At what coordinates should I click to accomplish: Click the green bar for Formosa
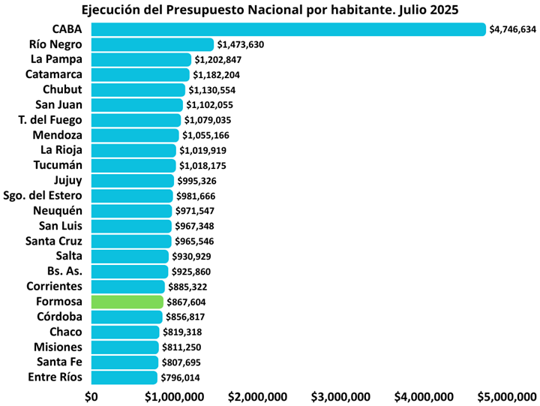click(127, 302)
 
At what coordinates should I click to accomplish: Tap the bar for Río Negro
click(152, 44)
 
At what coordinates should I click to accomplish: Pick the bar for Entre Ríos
click(124, 377)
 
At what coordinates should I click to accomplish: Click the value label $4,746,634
click(512, 29)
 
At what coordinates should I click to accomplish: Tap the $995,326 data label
click(201, 181)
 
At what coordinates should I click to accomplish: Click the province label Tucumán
click(58, 165)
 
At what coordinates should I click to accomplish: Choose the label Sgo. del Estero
click(43, 196)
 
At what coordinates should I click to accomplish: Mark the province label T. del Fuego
click(50, 120)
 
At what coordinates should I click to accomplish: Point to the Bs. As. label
click(64, 271)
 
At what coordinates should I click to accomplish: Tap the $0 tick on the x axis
click(91, 396)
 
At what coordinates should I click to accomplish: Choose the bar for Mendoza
click(135, 135)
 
